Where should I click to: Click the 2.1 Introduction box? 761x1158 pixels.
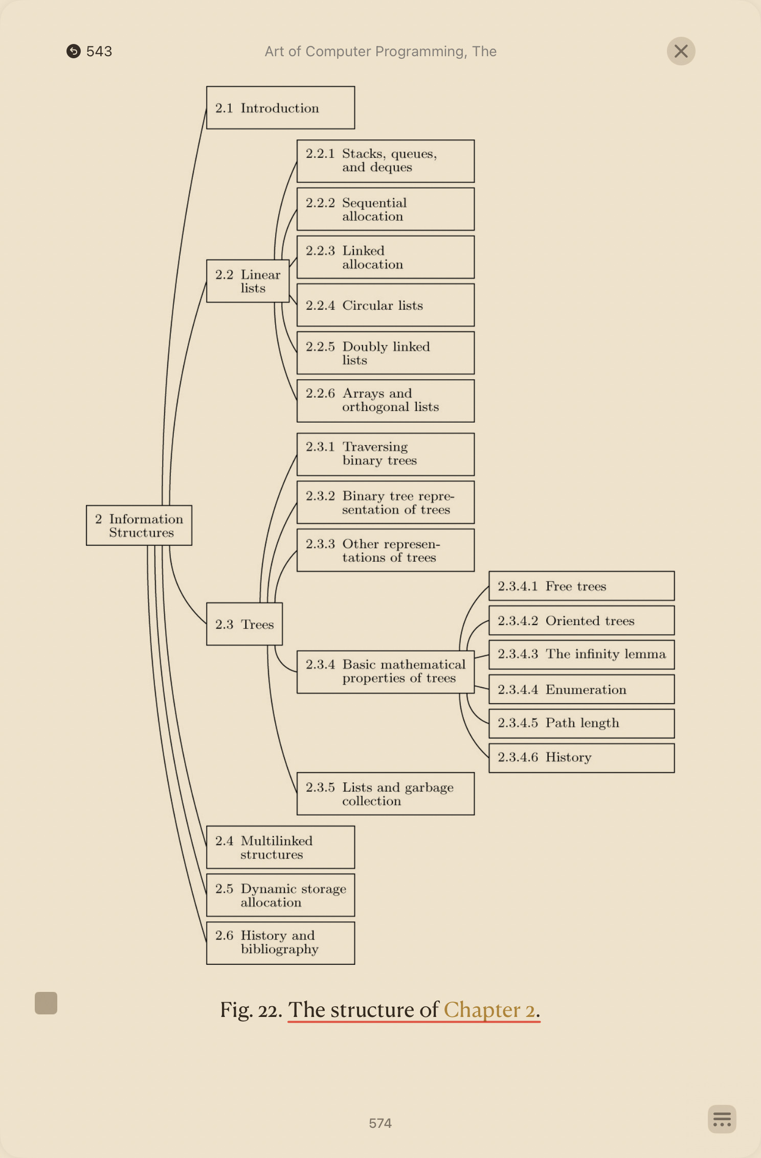pos(280,108)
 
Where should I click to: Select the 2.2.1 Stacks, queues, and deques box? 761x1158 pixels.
pos(385,161)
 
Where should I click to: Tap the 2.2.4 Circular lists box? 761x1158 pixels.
pos(385,305)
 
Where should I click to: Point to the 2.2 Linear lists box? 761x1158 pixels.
pos(248,281)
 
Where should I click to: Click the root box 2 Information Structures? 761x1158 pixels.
pos(139,525)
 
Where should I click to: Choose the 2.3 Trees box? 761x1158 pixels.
pos(244,624)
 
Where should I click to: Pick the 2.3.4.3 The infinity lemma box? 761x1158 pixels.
pos(581,655)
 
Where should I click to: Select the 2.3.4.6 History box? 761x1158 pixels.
pos(581,757)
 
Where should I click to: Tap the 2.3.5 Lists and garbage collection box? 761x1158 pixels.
pos(385,794)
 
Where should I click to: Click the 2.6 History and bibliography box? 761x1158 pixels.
pos(280,943)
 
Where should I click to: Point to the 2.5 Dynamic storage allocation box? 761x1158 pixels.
pos(280,895)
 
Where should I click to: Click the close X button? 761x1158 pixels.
pos(681,51)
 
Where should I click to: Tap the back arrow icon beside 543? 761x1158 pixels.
pos(74,51)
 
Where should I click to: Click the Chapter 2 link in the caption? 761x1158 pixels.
pos(489,1010)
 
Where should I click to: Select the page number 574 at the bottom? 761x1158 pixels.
pos(380,1123)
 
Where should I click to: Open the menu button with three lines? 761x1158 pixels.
pos(722,1119)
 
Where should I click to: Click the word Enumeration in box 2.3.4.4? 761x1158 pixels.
pos(586,689)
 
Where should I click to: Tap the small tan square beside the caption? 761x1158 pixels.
pos(46,1003)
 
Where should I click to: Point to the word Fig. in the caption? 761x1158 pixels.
pos(236,1010)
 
